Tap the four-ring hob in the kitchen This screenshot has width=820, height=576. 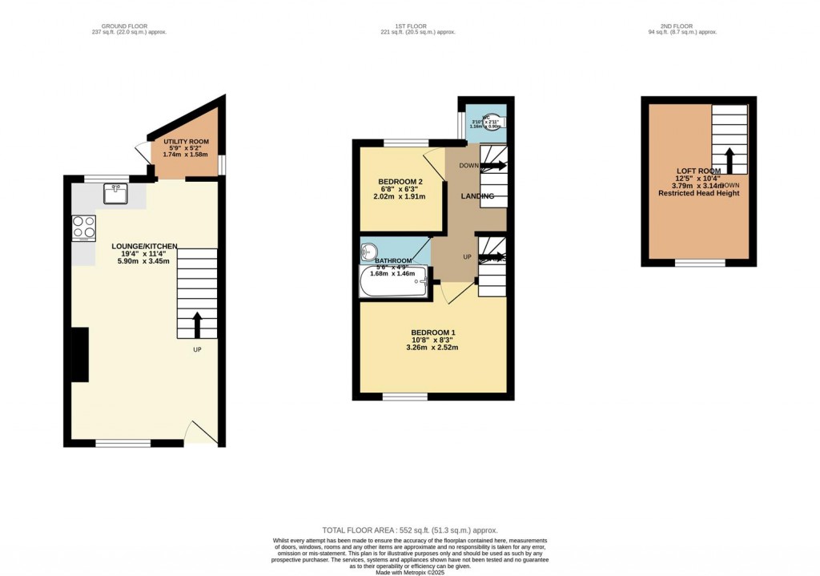tap(83, 228)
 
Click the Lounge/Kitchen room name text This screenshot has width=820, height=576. tap(144, 247)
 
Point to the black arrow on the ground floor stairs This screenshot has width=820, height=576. tap(197, 324)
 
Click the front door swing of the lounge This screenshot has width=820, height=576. tap(199, 433)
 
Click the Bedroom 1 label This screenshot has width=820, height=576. tap(433, 332)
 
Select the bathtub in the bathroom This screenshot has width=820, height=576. tap(394, 283)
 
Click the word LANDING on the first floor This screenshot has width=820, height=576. tap(477, 196)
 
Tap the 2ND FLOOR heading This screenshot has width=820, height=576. tap(681, 26)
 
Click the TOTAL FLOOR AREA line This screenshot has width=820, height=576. tap(409, 530)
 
